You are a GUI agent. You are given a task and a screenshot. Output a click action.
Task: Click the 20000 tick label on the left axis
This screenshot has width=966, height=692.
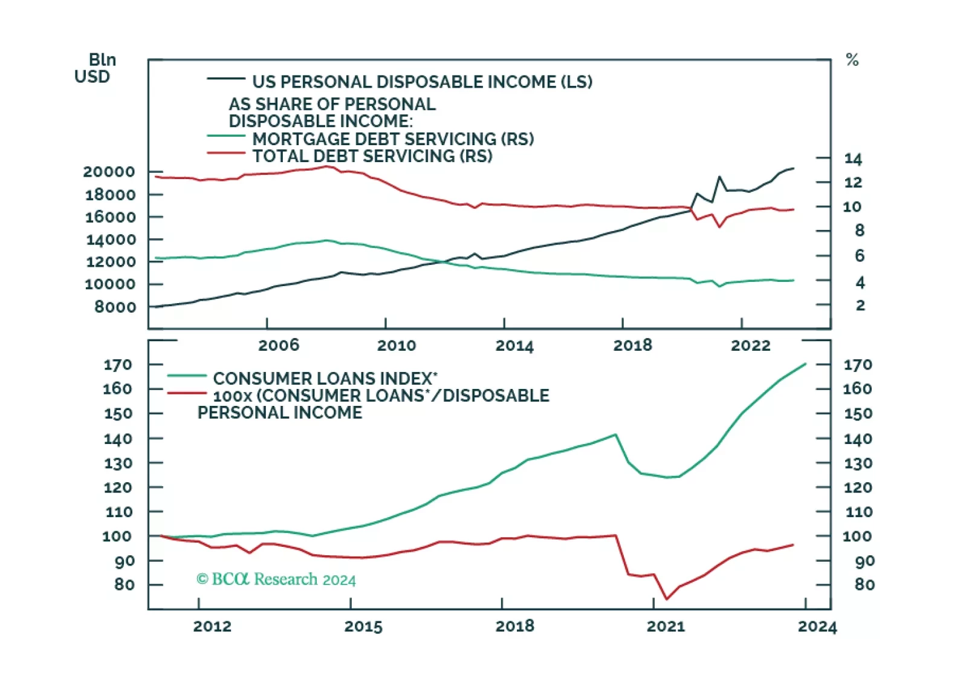pos(109,172)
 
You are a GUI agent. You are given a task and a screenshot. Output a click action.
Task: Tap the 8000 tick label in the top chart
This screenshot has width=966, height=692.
pos(115,307)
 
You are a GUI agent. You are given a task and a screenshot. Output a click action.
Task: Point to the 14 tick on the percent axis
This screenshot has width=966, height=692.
pos(853,159)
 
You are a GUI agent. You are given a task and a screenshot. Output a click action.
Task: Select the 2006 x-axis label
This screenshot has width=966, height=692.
pos(279,345)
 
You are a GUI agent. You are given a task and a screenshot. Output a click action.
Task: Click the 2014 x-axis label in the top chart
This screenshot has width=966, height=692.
pos(514,346)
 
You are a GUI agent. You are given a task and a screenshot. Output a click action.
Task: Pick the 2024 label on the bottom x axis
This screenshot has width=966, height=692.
pos(817,627)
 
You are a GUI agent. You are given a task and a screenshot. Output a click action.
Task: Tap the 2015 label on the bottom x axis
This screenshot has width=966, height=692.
pos(363,627)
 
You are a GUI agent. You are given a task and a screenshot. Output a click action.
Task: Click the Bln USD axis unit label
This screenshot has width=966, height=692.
pos(94,68)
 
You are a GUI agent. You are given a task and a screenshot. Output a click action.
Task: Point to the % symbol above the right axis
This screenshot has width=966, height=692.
pos(852,60)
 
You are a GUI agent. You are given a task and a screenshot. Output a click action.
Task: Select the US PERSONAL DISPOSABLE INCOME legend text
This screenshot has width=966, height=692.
pos(422,82)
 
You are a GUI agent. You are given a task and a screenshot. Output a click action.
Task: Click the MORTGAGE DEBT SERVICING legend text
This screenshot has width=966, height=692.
pos(393,139)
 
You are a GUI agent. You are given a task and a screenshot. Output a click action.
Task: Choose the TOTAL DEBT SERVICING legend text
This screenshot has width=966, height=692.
pos(372,156)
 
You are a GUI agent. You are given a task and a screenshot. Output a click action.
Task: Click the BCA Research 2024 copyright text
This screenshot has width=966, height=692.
pos(276,579)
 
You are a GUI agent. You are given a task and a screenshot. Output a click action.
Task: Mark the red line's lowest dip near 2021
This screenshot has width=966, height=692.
pos(667,599)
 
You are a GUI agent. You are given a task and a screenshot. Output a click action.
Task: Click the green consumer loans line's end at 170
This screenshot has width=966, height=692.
pos(805,364)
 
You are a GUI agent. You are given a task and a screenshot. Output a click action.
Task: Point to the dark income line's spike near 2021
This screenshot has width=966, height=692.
pos(719,177)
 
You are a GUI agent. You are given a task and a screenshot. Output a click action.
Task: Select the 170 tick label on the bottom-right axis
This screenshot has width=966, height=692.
pos(858,365)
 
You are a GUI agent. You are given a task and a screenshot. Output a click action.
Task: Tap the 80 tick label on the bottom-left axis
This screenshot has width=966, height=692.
pos(124,585)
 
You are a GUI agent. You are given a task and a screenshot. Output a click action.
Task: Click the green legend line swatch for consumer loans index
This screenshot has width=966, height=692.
pos(187,376)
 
